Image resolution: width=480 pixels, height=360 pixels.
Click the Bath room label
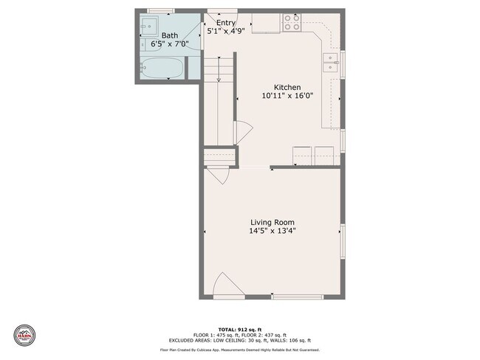tap(170, 35)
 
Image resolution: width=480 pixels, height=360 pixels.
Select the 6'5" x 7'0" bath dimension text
tap(170, 44)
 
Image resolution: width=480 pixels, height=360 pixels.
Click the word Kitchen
tap(287, 87)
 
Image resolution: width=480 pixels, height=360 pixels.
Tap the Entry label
tap(226, 23)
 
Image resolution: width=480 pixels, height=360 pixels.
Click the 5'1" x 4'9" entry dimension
tap(226, 32)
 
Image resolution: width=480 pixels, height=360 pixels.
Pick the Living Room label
tap(272, 222)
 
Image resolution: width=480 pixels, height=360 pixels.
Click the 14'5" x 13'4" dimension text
tap(272, 231)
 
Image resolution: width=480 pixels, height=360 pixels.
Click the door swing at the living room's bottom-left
tap(223, 285)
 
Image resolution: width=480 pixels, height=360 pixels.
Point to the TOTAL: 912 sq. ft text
tap(239, 329)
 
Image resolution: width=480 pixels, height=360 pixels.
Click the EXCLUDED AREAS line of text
tap(239, 339)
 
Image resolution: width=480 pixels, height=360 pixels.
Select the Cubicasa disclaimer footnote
tap(239, 349)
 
